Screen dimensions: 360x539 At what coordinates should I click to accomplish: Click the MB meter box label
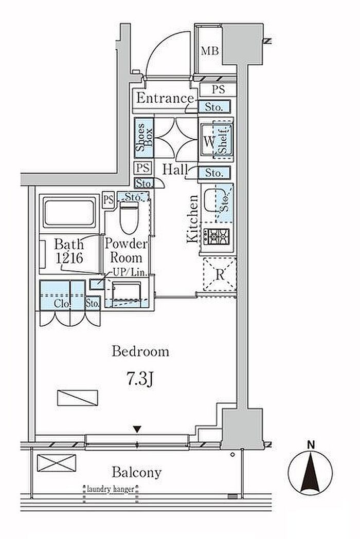click(x=210, y=51)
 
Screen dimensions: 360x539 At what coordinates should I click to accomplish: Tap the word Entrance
click(x=165, y=98)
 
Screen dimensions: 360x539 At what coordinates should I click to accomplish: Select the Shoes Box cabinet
click(x=144, y=138)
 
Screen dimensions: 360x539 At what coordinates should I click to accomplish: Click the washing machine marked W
click(x=216, y=141)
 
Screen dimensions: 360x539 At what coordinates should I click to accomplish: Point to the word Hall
click(x=175, y=169)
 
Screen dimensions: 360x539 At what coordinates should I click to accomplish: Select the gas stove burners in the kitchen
click(x=217, y=236)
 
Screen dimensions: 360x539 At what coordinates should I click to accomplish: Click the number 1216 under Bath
click(x=69, y=258)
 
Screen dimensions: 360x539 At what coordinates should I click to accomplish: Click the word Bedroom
click(x=140, y=351)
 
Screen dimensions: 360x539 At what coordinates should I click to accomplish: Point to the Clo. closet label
click(x=63, y=304)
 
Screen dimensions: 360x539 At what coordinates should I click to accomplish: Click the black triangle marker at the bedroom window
click(x=137, y=430)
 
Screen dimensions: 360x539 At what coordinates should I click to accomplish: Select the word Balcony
click(x=136, y=473)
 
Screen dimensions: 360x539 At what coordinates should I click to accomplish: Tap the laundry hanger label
click(x=111, y=489)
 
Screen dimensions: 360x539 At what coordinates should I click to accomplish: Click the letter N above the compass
click(x=311, y=445)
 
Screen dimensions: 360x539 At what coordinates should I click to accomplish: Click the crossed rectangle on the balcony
click(x=57, y=462)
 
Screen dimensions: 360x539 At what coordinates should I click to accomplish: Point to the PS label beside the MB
click(x=218, y=90)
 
